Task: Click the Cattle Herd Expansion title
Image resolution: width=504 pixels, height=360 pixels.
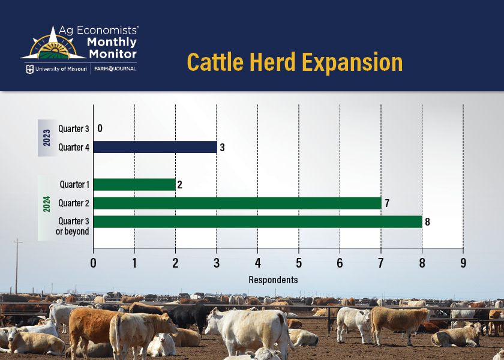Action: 295,62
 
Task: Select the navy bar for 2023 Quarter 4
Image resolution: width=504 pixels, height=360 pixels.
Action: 155,147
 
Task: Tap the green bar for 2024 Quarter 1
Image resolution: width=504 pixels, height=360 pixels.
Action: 134,185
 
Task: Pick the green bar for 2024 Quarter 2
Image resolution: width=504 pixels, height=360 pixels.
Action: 237,203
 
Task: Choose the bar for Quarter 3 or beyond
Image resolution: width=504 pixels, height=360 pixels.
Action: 257,222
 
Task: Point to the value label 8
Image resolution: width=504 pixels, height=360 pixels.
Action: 427,222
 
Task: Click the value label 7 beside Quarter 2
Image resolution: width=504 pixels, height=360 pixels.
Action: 387,203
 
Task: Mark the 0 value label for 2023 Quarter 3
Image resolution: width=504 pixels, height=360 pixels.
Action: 100,128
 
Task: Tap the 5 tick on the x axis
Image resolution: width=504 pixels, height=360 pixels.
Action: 299,263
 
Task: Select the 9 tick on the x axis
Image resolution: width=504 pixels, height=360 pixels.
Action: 463,263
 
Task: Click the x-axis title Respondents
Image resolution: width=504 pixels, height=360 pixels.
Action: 273,280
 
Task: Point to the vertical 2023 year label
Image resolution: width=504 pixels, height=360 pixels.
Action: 47,138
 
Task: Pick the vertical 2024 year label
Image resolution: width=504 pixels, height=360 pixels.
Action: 47,204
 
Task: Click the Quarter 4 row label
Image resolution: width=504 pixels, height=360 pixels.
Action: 74,147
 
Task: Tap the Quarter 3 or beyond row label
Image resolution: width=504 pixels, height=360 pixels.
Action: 74,226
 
